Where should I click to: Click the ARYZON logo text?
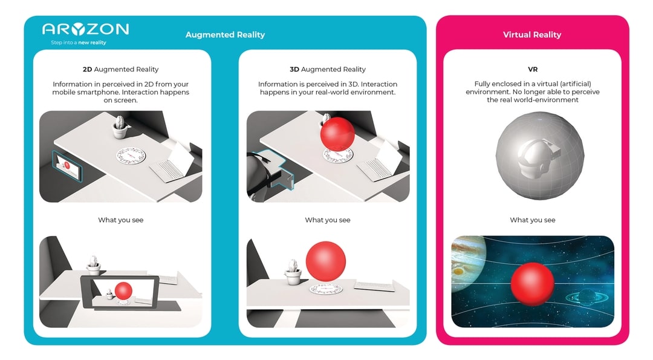point(85,29)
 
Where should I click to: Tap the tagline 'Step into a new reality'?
point(78,42)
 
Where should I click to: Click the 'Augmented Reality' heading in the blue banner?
point(225,34)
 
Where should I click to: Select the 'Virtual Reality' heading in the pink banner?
point(532,34)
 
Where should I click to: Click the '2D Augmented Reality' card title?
point(121,69)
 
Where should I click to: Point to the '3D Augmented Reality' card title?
point(327,69)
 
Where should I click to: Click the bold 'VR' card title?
point(532,69)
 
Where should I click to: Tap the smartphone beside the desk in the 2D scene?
point(67,166)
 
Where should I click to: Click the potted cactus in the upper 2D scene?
point(120,126)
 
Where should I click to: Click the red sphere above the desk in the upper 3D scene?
point(337,134)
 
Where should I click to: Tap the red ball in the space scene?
point(532,284)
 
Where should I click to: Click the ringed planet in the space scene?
point(586,296)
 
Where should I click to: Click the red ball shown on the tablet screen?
point(123,290)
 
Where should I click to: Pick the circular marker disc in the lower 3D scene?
point(326,289)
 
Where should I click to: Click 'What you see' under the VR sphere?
point(532,220)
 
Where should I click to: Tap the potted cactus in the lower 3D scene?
point(293,271)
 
